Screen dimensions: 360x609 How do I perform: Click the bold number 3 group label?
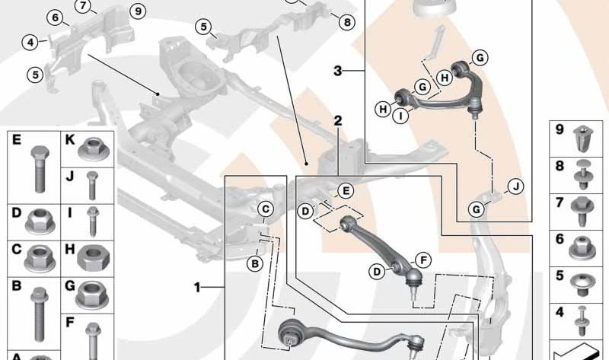[x=337, y=72]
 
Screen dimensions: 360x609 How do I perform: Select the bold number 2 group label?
[x=337, y=121]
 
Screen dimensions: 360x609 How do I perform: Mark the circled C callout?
[x=266, y=209]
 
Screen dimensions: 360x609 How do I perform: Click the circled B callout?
[x=255, y=263]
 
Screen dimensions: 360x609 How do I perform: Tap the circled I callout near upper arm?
[x=400, y=116]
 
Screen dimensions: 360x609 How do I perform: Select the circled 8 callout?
[x=346, y=23]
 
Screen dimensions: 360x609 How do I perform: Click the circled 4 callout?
[x=30, y=43]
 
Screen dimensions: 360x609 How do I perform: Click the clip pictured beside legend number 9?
[x=583, y=138]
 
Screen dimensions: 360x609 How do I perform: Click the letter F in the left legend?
[x=69, y=322]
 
